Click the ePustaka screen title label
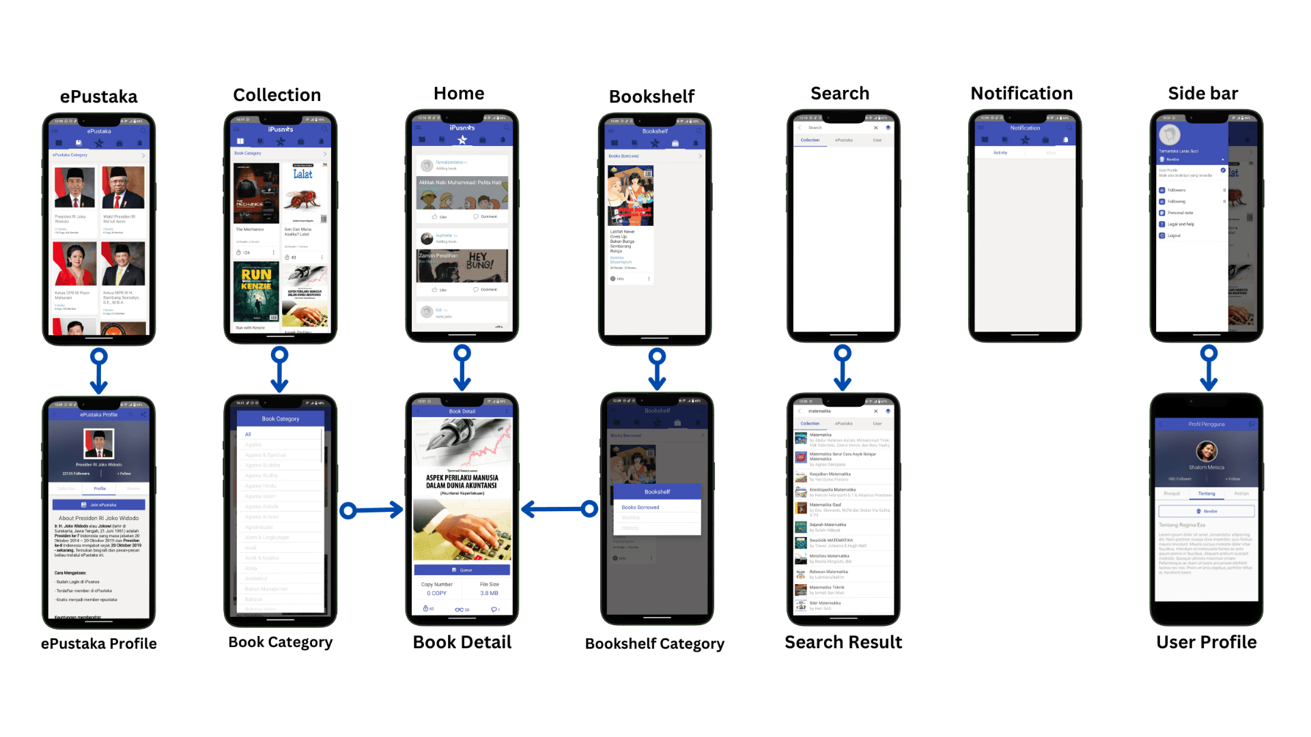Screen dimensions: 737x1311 (x=98, y=97)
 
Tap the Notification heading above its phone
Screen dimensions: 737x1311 (x=1021, y=93)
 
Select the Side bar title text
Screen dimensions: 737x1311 (x=1202, y=93)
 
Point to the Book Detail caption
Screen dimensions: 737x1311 (x=462, y=642)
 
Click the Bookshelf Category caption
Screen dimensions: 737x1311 (x=654, y=644)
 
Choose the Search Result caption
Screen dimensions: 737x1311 (x=843, y=642)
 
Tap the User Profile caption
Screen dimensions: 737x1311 (x=1206, y=642)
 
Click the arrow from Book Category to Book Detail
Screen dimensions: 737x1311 (x=372, y=510)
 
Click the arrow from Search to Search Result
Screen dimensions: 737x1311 (x=843, y=369)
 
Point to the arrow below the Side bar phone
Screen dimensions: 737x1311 (x=1209, y=369)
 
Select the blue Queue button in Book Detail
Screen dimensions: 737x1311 (x=462, y=570)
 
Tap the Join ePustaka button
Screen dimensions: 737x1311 (x=99, y=505)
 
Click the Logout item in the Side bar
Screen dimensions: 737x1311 (x=1174, y=235)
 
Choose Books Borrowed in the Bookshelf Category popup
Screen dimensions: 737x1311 (x=640, y=507)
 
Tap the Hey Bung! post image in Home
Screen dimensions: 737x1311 (x=462, y=265)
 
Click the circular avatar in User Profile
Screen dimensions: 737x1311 (x=1206, y=451)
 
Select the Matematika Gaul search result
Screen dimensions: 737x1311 (x=826, y=505)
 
